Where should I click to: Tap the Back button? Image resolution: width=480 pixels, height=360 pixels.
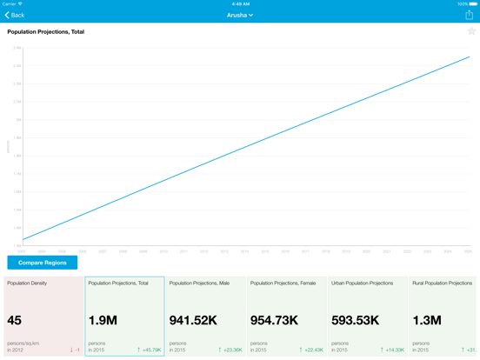(15, 15)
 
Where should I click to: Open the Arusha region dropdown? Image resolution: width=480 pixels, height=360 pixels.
(240, 15)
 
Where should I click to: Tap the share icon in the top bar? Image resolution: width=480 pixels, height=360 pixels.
(470, 15)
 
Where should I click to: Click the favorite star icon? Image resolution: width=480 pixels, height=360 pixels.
(471, 31)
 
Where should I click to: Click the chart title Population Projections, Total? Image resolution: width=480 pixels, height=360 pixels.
(46, 31)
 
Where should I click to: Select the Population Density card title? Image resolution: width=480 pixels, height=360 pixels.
(27, 283)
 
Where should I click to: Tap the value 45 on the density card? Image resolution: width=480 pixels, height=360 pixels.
(15, 320)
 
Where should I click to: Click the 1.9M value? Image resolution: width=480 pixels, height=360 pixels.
(103, 320)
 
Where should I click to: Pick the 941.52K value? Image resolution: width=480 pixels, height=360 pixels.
(193, 320)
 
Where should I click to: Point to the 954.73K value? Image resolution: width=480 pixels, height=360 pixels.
(274, 320)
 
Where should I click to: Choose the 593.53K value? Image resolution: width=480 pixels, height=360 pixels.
(355, 320)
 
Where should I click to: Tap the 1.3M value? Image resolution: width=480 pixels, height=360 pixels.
(427, 320)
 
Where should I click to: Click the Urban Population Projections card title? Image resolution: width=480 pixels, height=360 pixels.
(363, 283)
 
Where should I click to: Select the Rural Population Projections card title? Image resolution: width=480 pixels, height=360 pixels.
(443, 283)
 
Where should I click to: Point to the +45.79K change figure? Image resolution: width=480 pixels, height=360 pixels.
(150, 350)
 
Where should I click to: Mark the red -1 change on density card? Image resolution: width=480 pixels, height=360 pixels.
(75, 350)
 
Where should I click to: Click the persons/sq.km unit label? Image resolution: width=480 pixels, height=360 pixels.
(23, 343)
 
